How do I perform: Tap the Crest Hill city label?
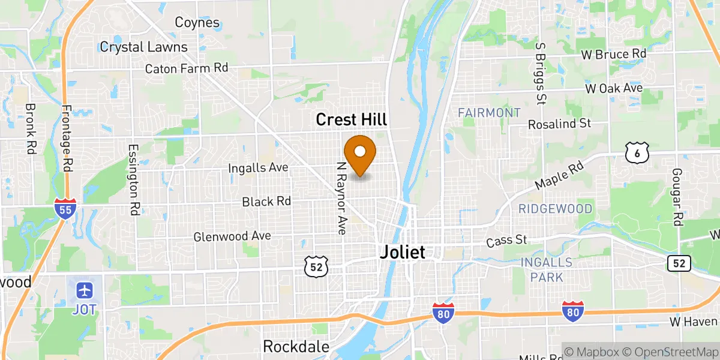351,120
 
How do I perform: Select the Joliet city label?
402,253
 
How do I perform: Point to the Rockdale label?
296,346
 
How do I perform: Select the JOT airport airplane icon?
85,291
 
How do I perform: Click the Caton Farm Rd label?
187,68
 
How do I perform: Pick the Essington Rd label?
133,179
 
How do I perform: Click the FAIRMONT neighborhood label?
489,112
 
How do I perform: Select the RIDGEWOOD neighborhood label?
555,209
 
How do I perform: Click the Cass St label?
506,240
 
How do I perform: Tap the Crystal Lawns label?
143,47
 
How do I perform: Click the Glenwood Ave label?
232,236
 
